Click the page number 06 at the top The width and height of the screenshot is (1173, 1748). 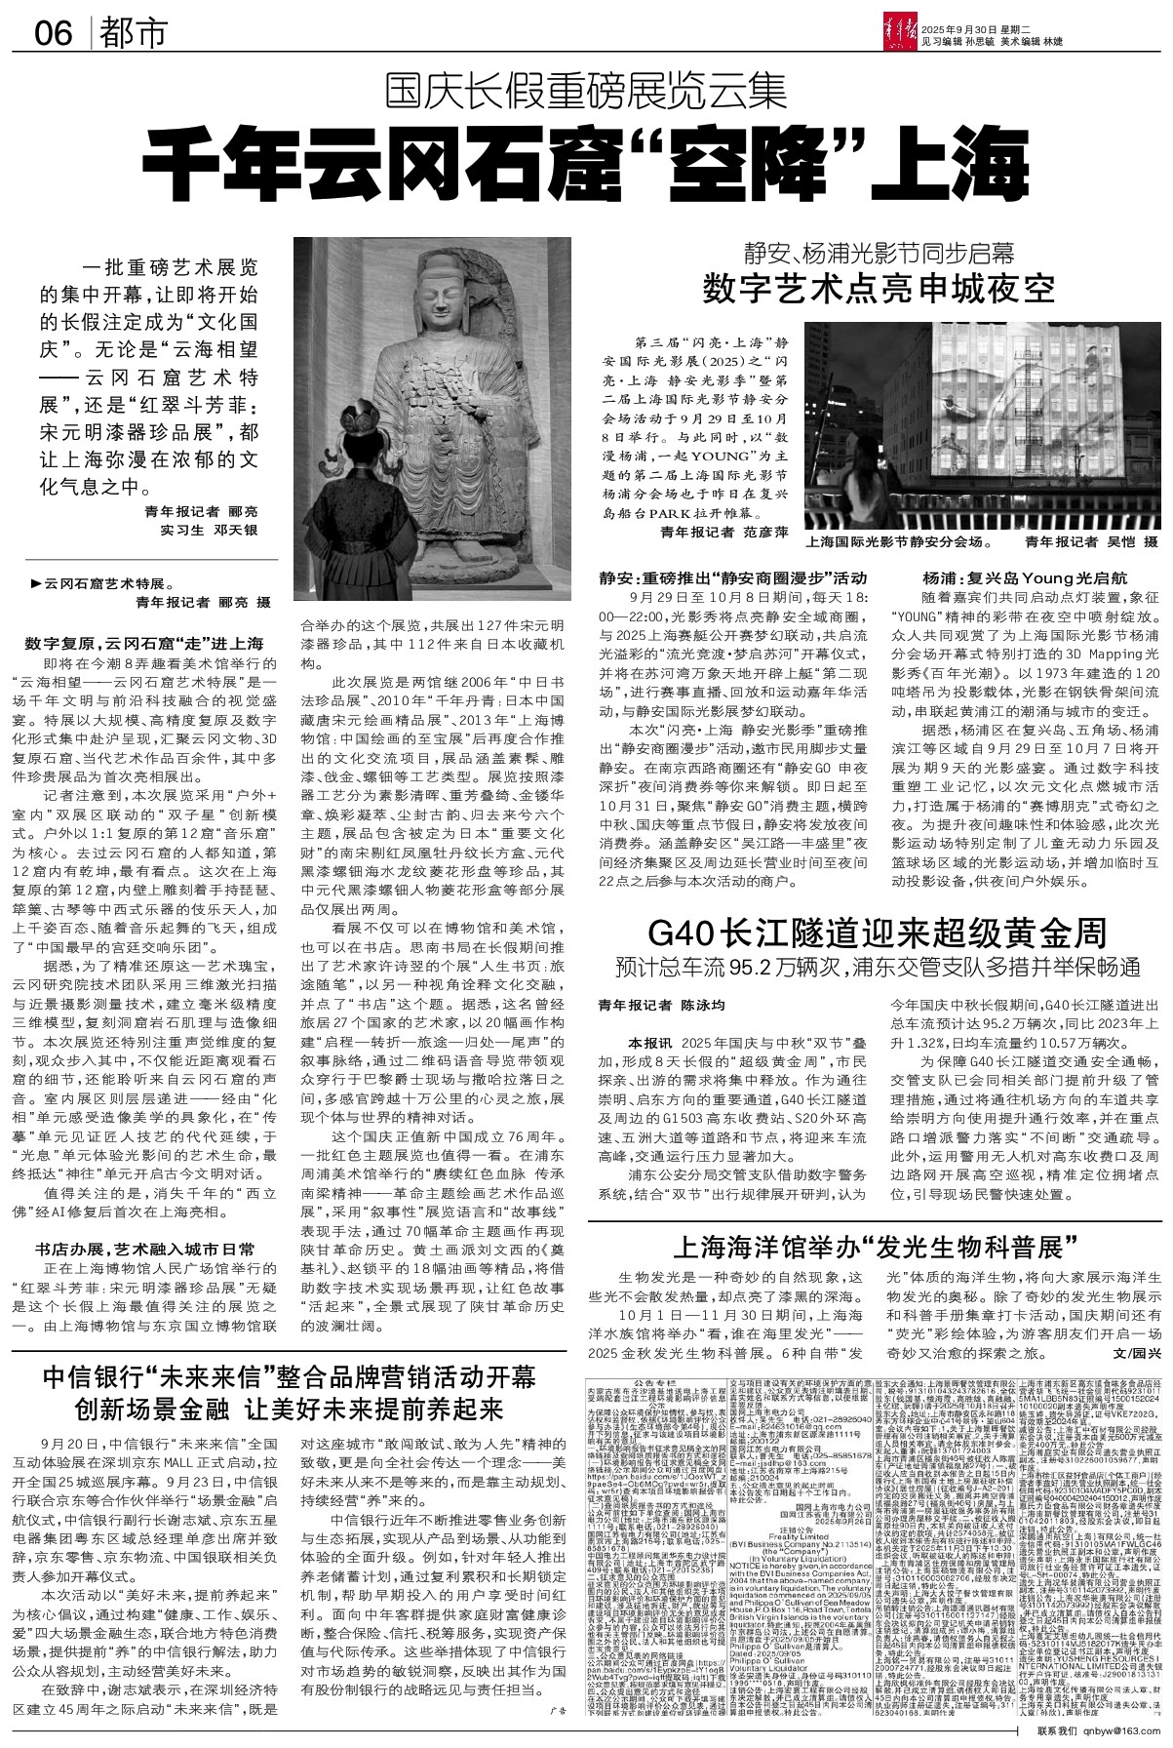pos(54,33)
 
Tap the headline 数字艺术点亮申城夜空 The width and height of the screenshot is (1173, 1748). pos(880,291)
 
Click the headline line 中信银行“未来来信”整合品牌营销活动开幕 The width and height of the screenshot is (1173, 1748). pos(290,1378)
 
